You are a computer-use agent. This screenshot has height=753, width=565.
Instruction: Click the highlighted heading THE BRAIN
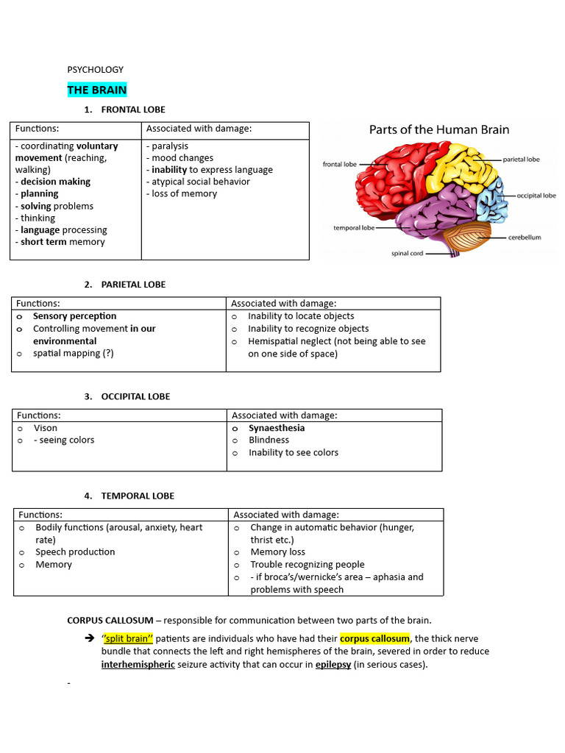(97, 90)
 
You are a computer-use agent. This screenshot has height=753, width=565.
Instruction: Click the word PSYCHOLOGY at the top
(96, 70)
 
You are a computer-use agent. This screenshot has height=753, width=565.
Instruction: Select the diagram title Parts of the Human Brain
(438, 129)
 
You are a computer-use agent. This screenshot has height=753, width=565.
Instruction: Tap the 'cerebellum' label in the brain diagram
(525, 238)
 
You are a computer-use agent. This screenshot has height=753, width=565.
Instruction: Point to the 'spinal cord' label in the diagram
(407, 254)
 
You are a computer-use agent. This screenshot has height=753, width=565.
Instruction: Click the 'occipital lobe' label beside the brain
(536, 196)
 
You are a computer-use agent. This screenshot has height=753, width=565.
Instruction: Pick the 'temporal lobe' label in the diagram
(354, 228)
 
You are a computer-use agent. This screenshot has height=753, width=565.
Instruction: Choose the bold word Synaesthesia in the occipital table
(277, 428)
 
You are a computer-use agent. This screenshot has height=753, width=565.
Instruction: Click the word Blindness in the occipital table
(269, 440)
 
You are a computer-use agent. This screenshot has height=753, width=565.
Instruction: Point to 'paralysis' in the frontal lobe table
(170, 146)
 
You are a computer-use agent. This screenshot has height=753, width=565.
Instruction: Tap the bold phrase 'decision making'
(55, 182)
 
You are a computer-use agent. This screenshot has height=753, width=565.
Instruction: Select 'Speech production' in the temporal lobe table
(75, 552)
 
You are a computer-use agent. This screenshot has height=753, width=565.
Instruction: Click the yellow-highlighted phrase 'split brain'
(127, 638)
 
